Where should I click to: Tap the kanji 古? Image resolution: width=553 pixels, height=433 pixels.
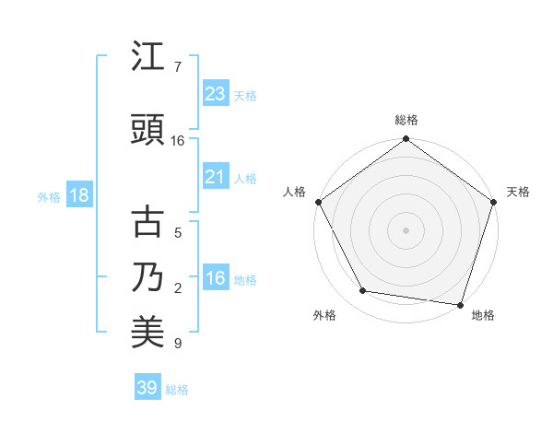(x=148, y=222)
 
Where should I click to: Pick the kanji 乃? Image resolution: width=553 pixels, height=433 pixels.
(x=148, y=277)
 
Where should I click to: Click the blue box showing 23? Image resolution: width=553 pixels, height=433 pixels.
(x=215, y=94)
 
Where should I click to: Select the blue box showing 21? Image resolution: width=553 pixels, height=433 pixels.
(x=215, y=178)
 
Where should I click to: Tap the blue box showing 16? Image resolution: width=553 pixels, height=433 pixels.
(x=215, y=279)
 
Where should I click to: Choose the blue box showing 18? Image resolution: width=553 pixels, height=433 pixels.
(x=77, y=196)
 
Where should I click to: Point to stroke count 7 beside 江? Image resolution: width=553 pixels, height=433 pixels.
(x=178, y=67)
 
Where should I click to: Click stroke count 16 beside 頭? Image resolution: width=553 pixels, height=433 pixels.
(x=178, y=141)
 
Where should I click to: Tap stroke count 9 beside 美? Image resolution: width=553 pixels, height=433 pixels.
(x=178, y=344)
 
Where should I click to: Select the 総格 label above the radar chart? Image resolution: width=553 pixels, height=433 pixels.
(x=406, y=120)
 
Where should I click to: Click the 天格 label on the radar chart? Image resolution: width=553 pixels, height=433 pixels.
(x=518, y=192)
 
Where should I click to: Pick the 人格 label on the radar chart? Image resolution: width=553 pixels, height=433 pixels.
(x=294, y=192)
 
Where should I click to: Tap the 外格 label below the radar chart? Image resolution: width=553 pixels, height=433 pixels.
(x=324, y=316)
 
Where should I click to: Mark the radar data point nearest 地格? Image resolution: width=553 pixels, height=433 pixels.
(x=460, y=304)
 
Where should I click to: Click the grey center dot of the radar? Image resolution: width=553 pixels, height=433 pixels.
(x=406, y=229)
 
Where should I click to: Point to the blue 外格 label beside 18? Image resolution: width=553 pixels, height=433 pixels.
(x=49, y=197)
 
